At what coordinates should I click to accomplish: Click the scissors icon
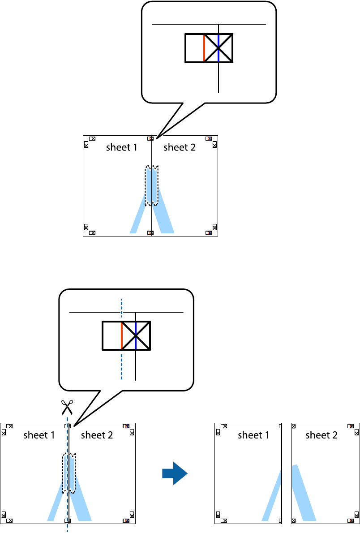point(68,408)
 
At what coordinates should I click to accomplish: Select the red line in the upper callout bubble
point(204,48)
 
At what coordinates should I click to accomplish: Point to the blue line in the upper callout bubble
point(219,48)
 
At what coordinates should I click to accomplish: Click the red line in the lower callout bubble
point(121,335)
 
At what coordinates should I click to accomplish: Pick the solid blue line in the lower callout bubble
point(136,335)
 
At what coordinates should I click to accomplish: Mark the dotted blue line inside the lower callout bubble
point(121,367)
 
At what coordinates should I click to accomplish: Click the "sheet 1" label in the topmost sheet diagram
point(121,147)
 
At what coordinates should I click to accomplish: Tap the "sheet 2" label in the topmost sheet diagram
point(180,147)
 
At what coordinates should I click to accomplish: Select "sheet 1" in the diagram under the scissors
point(39,435)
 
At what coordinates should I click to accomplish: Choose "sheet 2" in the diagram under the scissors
point(97,435)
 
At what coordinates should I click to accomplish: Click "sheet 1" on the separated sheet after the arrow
point(253,435)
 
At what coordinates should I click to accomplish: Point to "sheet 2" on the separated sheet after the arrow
point(321,435)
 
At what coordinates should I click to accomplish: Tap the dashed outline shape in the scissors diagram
point(69,473)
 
